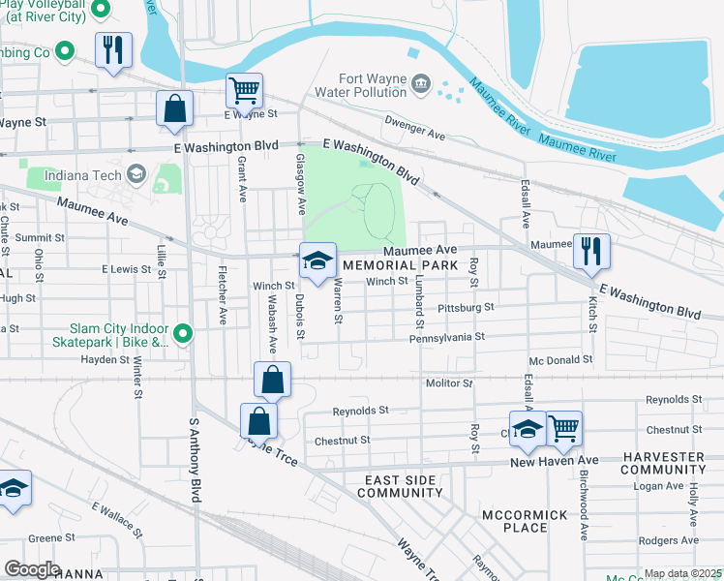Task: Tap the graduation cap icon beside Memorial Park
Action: click(x=317, y=260)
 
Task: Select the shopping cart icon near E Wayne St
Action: click(x=244, y=91)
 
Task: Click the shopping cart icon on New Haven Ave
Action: click(x=563, y=428)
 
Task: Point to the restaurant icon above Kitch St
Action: click(x=590, y=250)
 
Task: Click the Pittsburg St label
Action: click(x=466, y=307)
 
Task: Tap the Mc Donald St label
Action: click(x=560, y=359)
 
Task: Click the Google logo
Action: click(x=32, y=568)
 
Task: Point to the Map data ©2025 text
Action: click(x=681, y=573)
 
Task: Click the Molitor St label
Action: click(x=449, y=383)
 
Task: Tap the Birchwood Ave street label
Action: click(x=584, y=506)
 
